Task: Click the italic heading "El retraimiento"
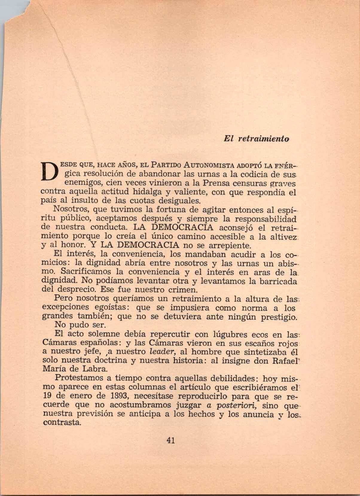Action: tap(256, 139)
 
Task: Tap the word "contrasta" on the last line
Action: tap(62, 423)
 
